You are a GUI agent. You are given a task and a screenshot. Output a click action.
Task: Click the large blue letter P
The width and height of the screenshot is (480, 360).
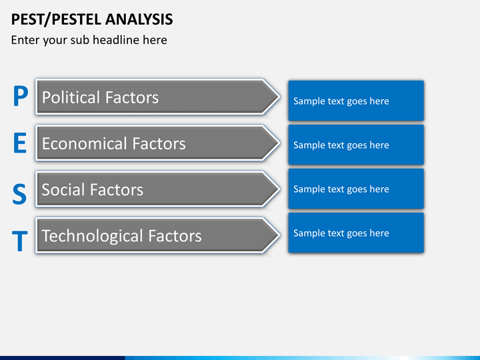tap(21, 95)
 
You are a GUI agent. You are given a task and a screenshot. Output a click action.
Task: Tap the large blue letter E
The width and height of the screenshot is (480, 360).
tap(20, 143)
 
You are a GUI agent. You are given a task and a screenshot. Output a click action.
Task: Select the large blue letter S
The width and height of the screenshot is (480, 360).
tap(19, 193)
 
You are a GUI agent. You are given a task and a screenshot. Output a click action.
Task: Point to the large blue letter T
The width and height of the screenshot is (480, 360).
tap(19, 241)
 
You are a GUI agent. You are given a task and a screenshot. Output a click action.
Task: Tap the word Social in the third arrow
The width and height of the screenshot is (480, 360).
tap(63, 189)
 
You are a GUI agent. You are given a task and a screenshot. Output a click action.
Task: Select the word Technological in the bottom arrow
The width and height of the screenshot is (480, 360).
tap(93, 236)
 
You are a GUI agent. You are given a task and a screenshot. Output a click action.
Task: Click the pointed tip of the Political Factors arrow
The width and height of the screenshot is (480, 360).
tap(279, 97)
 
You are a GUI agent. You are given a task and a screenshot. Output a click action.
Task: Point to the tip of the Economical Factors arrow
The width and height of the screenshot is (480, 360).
tap(279, 143)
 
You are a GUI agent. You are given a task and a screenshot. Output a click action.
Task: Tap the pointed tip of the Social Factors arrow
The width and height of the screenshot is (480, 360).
tap(279, 189)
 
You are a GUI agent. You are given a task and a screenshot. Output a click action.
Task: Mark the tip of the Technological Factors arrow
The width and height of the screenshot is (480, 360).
tap(279, 235)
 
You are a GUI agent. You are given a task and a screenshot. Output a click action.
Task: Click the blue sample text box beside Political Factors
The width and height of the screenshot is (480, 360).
tap(356, 101)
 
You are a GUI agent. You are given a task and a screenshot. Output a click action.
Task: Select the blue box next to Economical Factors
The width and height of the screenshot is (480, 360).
tap(356, 145)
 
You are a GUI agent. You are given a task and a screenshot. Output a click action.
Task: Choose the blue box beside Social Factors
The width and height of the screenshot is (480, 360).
tap(356, 189)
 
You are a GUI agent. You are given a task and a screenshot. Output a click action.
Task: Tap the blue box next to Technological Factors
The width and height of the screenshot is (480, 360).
tap(356, 233)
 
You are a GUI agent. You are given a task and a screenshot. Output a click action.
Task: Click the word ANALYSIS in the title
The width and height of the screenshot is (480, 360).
tap(139, 19)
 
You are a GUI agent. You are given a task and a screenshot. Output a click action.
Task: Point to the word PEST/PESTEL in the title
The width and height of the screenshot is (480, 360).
tap(56, 19)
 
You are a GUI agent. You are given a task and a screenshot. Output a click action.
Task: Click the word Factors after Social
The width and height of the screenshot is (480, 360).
tap(116, 189)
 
